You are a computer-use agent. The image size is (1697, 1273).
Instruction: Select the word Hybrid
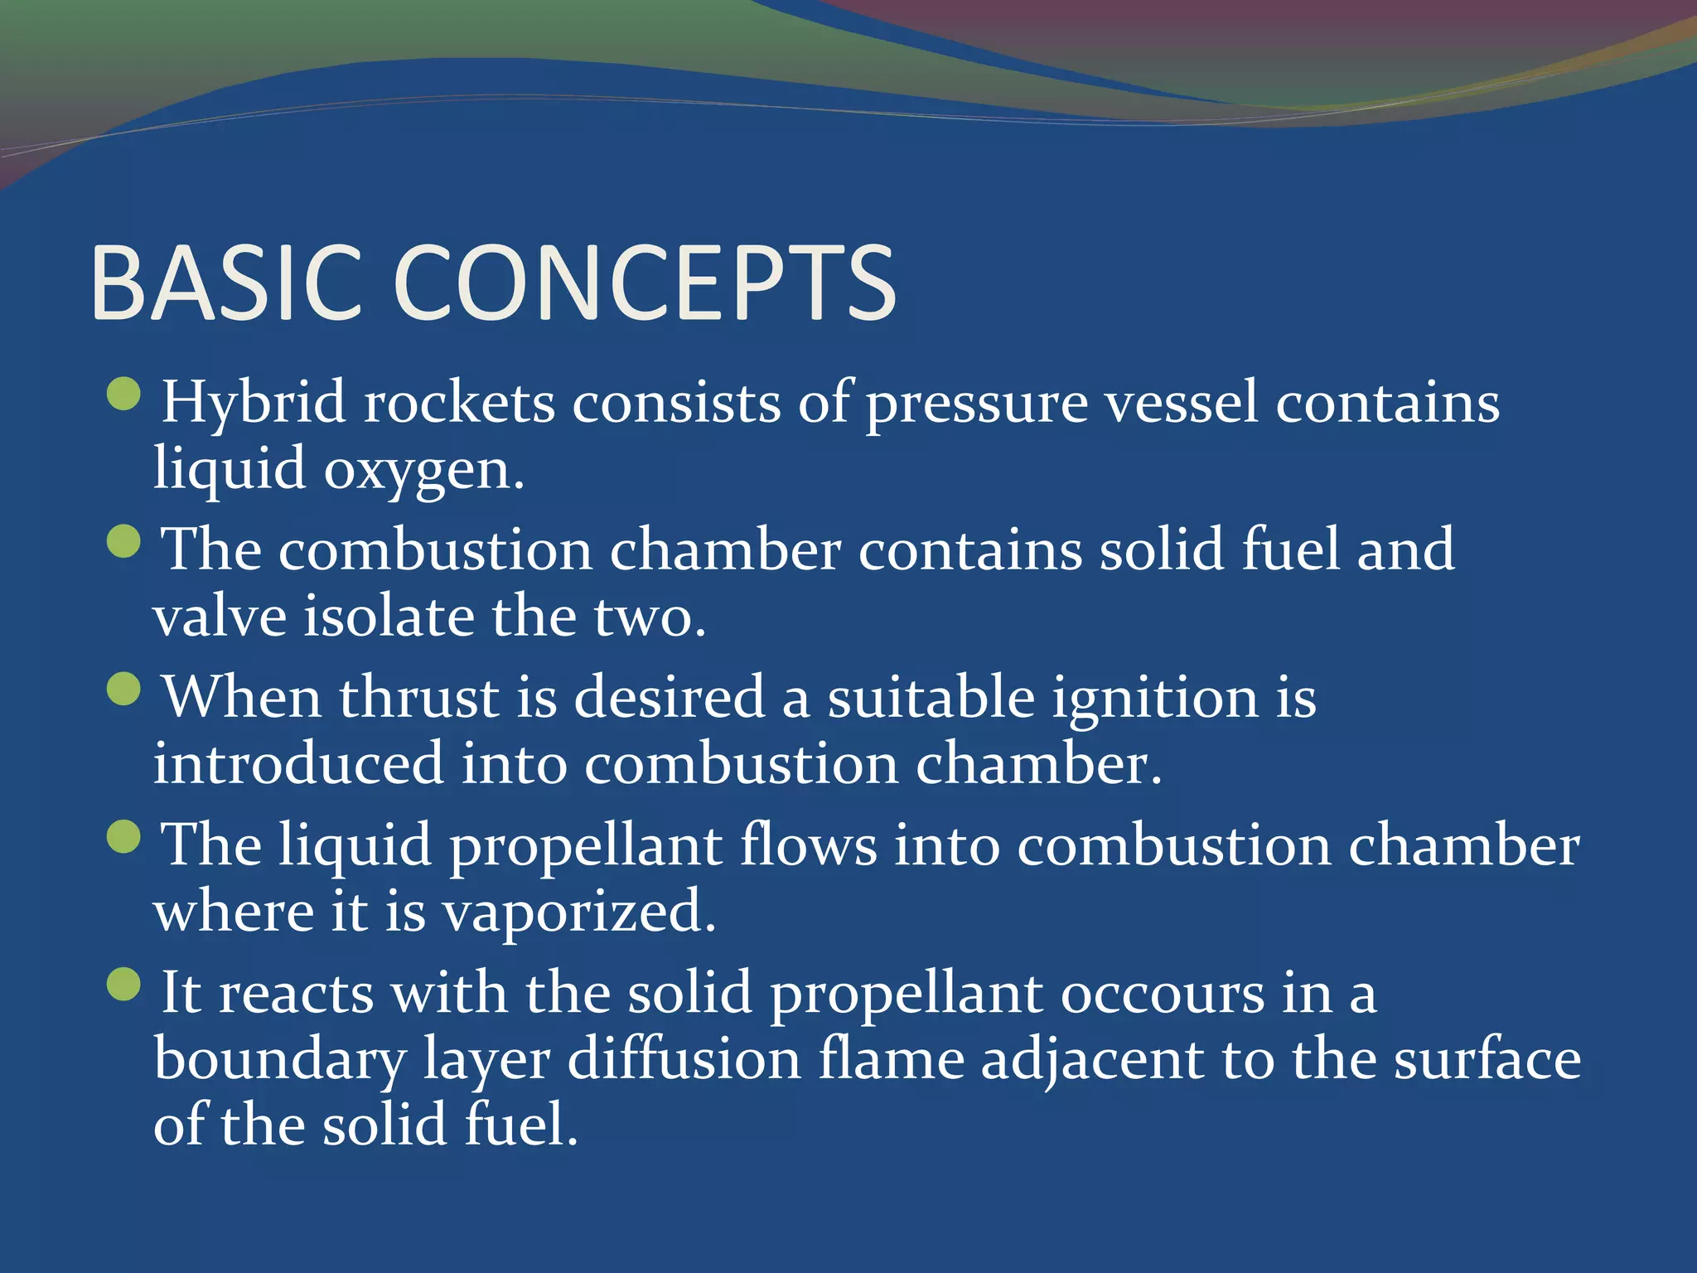tap(253, 404)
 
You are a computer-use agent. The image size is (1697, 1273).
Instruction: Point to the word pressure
tap(976, 404)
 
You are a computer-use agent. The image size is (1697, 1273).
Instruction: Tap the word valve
tap(219, 617)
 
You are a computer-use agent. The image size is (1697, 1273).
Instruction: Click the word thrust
tap(418, 697)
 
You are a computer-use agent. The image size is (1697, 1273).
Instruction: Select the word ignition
tap(1155, 699)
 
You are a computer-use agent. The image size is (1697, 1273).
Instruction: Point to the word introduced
tap(298, 763)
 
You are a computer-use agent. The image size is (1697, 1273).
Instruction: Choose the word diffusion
tap(684, 1060)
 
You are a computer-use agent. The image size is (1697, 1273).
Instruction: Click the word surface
tap(1487, 1060)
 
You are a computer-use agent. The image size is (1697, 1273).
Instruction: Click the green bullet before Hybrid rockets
tap(124, 394)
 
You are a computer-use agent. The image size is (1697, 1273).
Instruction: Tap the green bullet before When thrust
tap(124, 689)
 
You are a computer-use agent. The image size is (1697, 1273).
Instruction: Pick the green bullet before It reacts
tap(124, 984)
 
